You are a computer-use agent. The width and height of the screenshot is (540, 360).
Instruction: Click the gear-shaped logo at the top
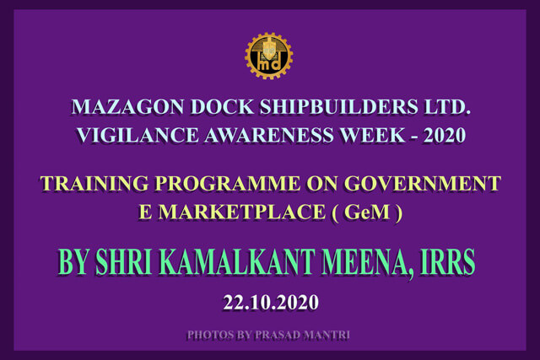(x=268, y=56)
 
